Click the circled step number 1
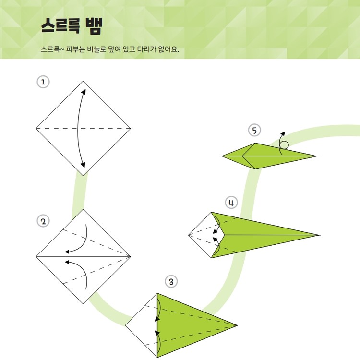pos(43,82)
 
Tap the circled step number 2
pos(43,221)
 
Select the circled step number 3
pos(171,281)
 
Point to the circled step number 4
pos(231,203)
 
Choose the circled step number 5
pos(254,130)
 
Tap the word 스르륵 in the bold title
pos(60,26)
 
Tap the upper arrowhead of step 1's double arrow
pos(84,91)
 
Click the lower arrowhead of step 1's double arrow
pos(83,165)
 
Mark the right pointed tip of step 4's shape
pos(320,235)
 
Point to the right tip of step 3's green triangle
pos(237,325)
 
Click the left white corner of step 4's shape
pos(189,235)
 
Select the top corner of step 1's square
pos(83,81)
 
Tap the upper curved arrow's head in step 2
pos(67,252)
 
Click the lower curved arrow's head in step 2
pos(67,262)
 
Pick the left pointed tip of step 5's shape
pos(222,156)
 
